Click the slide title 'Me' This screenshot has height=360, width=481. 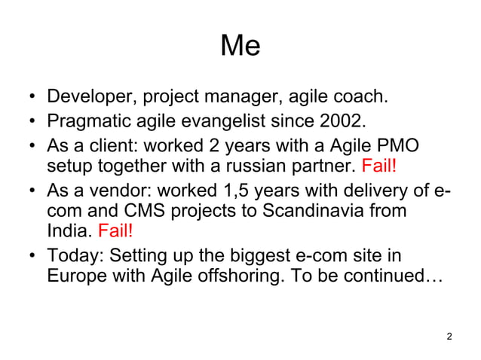click(x=240, y=47)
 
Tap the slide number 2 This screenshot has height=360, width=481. click(x=449, y=336)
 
